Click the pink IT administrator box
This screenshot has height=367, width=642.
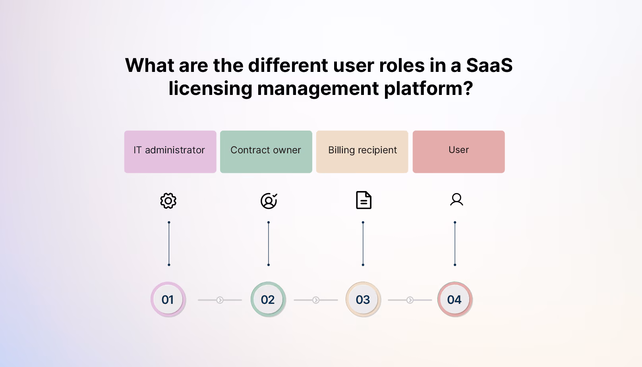[170, 152]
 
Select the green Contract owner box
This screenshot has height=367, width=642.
[266, 152]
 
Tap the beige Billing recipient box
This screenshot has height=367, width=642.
[362, 152]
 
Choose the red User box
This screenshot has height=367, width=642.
[458, 152]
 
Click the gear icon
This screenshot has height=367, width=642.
[168, 201]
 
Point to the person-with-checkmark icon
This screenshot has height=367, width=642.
[269, 201]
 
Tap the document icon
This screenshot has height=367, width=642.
[364, 200]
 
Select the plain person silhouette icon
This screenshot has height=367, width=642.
[456, 200]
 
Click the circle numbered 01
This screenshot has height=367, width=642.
[168, 299]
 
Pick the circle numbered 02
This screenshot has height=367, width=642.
[268, 299]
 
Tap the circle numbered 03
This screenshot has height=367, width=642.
[363, 299]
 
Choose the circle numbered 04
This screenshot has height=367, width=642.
[455, 299]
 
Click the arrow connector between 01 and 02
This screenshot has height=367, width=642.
[220, 300]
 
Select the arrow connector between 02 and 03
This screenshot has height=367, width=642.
[316, 300]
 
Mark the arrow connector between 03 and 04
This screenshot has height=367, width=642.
[410, 300]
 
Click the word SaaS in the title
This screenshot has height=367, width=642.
[489, 65]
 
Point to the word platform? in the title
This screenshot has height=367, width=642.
[429, 89]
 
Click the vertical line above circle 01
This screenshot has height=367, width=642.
[169, 243]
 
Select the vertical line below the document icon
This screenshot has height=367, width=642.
[363, 243]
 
